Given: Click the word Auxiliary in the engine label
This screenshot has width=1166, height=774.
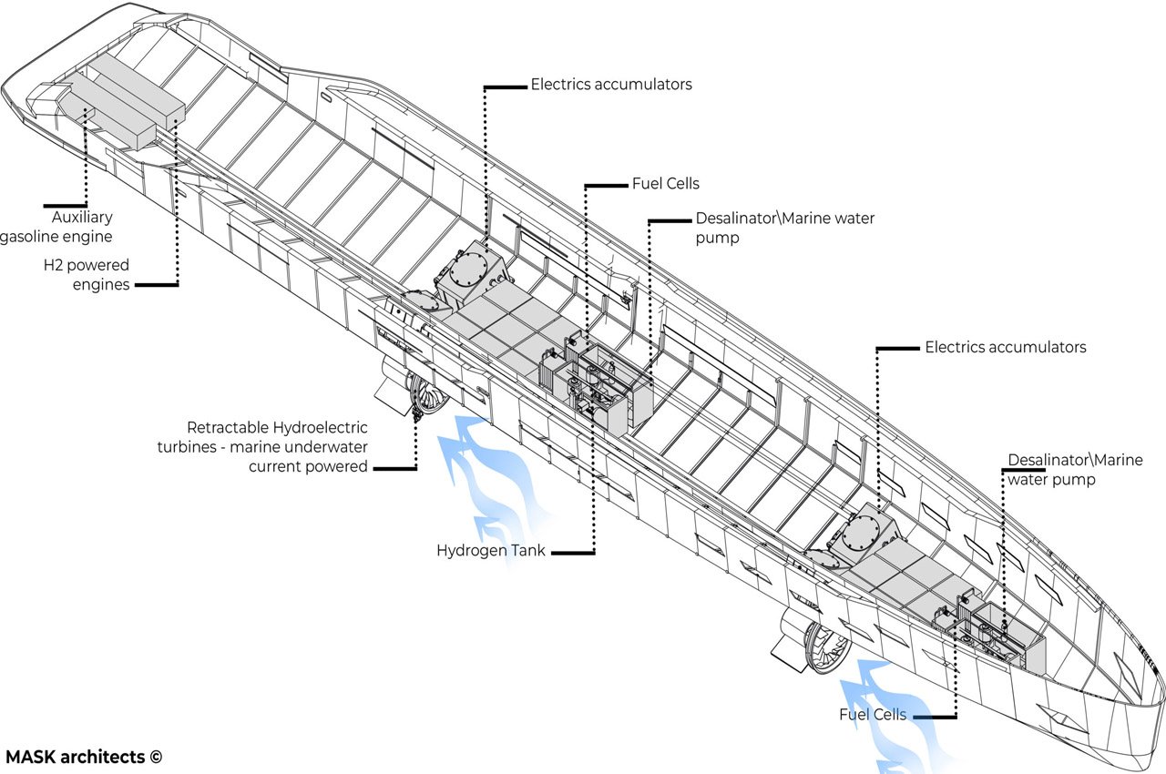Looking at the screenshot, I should pos(82,219).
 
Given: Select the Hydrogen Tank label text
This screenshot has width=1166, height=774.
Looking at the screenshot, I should pos(491,551).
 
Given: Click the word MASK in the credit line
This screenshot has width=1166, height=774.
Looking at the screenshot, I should pos(27,757).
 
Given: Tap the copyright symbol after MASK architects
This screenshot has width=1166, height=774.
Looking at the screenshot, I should pos(156,757).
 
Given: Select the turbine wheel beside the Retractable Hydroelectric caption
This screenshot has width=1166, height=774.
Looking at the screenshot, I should pos(427,395).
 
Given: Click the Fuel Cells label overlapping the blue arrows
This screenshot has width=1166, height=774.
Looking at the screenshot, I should pos(873,715).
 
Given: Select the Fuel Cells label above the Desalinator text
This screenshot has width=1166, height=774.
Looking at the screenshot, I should pos(666,184).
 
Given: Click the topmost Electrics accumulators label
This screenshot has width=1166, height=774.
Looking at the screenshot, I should pos(611,85).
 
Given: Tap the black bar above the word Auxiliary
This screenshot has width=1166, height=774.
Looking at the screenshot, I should pos(64,205).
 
